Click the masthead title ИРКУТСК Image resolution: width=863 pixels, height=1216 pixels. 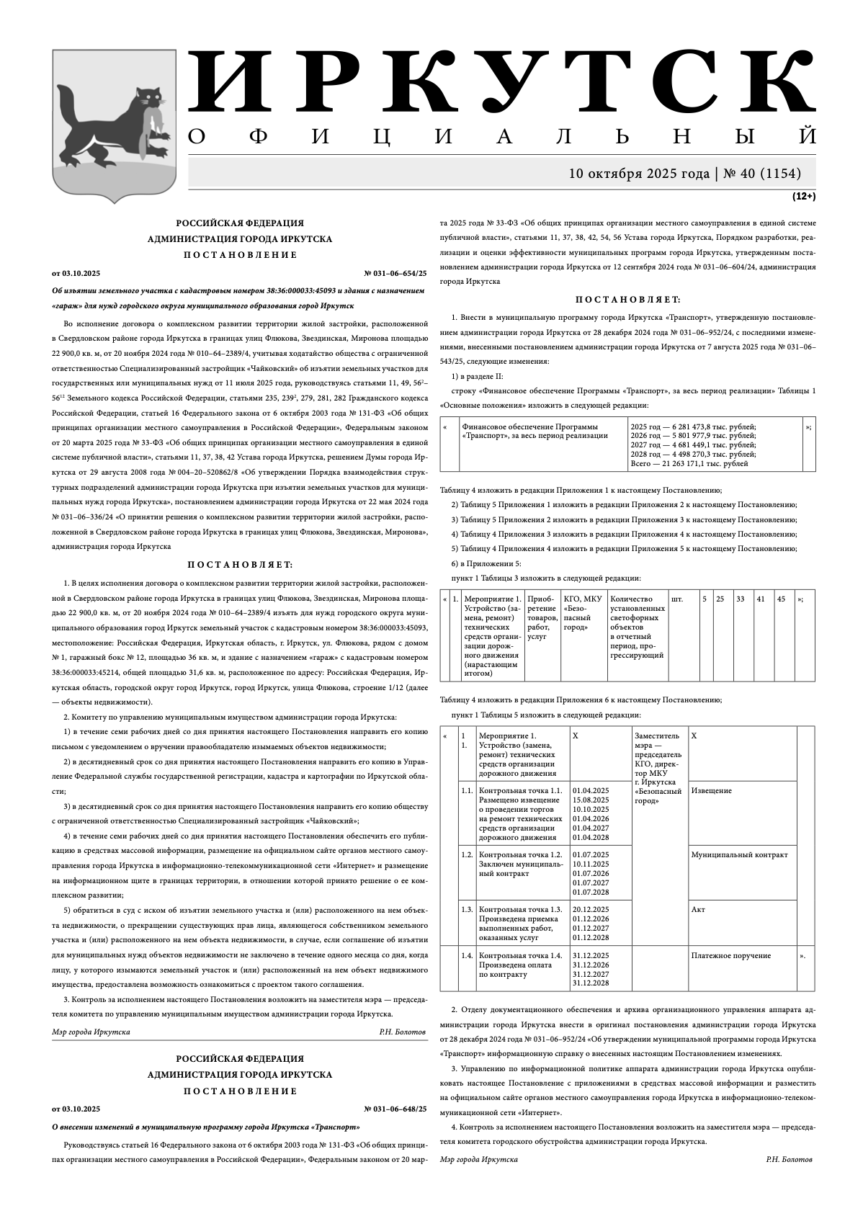point(502,81)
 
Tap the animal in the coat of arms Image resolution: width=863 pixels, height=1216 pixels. point(115,123)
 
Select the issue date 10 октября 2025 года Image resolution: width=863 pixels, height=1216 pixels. point(639,174)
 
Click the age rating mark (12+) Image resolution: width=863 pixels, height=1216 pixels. point(804,196)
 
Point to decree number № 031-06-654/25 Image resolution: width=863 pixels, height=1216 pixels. point(395,274)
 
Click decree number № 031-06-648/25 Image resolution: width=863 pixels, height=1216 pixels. point(395,1109)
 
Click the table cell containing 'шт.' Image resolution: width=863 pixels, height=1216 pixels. point(677,599)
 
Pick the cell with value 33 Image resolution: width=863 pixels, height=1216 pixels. point(740,599)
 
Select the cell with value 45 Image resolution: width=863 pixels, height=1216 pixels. point(781,599)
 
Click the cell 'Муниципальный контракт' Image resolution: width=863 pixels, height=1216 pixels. point(739,855)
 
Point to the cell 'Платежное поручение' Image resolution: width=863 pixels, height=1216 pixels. point(730,956)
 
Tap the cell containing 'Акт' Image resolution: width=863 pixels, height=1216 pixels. point(697,910)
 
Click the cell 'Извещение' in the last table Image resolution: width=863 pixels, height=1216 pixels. point(711,791)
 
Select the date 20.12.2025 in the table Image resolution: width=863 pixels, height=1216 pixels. point(591,910)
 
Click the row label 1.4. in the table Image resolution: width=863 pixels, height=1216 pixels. point(467,956)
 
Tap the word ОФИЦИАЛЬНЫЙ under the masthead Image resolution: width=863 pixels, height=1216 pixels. point(502,136)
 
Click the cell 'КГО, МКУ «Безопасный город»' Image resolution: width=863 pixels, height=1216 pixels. point(582,613)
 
